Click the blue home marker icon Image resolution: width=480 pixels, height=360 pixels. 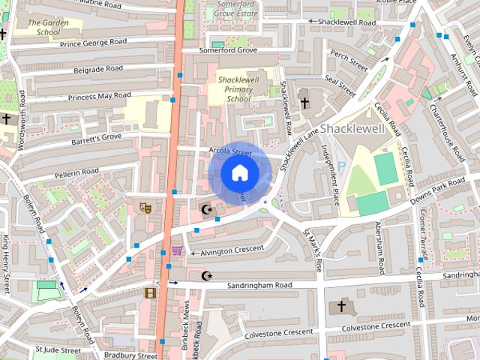tap(238, 172)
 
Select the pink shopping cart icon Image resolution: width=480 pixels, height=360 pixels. tap(177, 250)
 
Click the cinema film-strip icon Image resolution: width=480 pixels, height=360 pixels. tap(151, 292)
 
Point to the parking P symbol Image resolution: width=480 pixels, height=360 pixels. tap(342, 166)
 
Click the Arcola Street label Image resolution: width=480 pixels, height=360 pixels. tap(230, 151)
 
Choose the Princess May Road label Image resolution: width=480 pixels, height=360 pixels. tap(99, 96)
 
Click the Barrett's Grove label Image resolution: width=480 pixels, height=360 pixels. tap(96, 138)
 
